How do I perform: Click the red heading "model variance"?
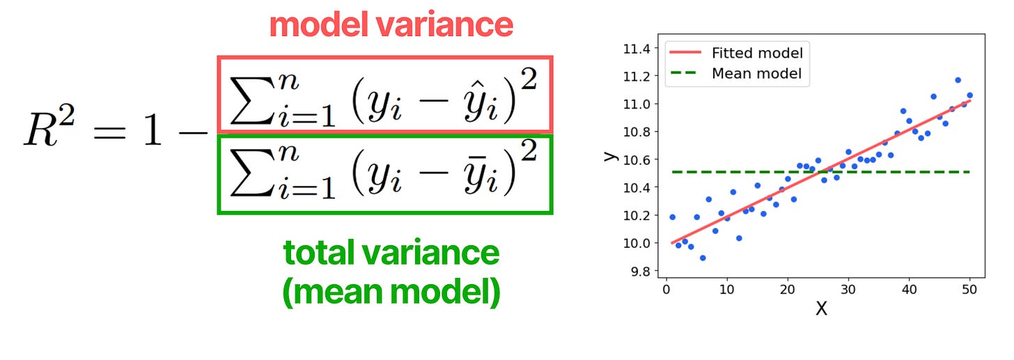(391, 26)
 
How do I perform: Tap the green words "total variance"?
(391, 253)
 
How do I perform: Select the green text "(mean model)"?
(391, 292)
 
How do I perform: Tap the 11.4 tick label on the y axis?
(637, 49)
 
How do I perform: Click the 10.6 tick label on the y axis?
(637, 159)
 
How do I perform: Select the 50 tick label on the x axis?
(969, 289)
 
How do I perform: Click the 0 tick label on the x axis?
(666, 289)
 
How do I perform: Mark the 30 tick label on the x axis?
(848, 289)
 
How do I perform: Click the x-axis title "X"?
(821, 308)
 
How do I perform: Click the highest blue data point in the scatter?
(958, 80)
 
